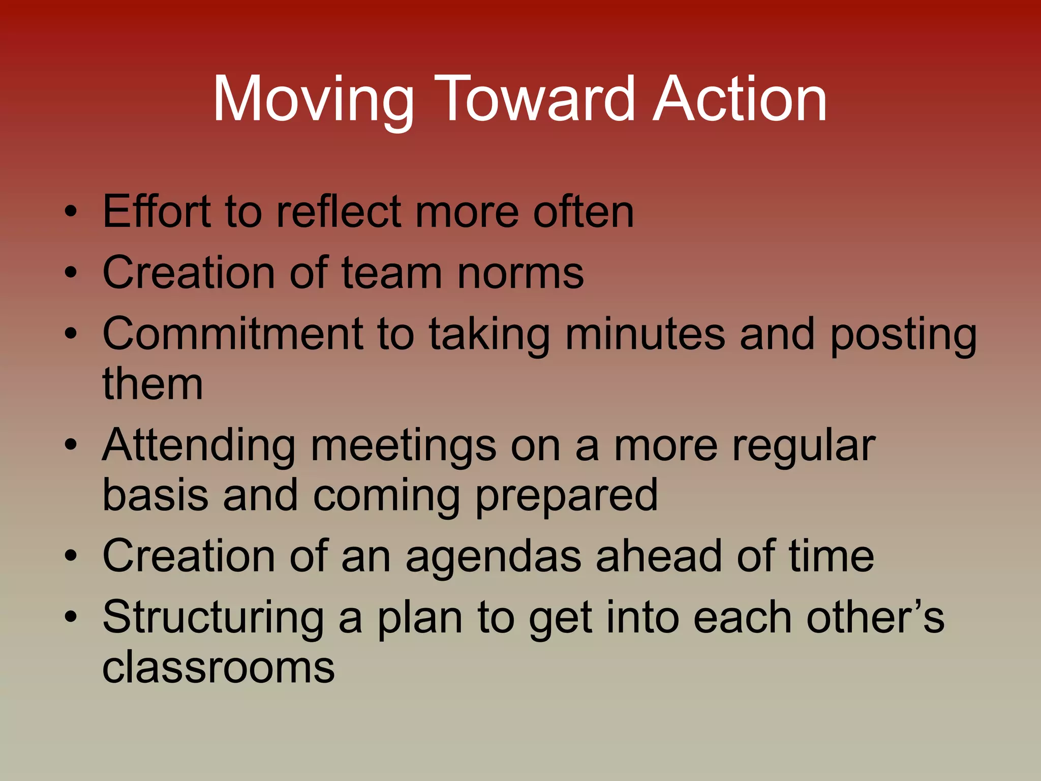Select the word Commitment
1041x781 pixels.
click(233, 334)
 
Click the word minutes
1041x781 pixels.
click(645, 334)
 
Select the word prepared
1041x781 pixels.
click(566, 496)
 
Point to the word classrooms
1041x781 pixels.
click(219, 667)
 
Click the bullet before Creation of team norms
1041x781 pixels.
click(71, 273)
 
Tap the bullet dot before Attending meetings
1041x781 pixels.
click(71, 445)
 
